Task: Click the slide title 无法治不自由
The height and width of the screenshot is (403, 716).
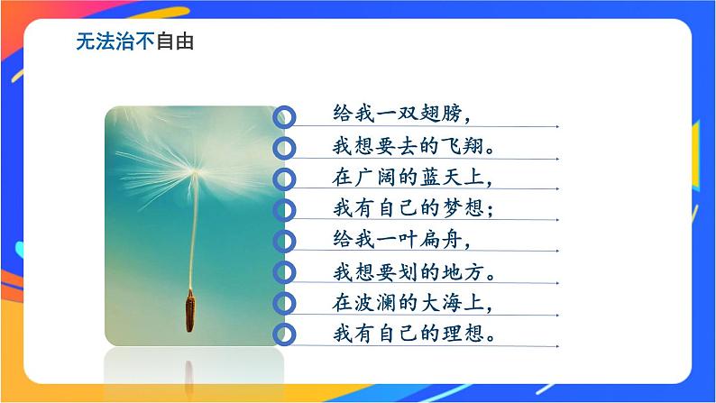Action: (x=134, y=42)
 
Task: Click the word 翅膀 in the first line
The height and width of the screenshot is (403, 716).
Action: (x=442, y=114)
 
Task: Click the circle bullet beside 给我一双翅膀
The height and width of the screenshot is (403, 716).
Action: (x=284, y=115)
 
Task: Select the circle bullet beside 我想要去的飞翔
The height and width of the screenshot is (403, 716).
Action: (x=284, y=147)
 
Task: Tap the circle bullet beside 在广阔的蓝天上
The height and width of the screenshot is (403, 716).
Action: (x=284, y=178)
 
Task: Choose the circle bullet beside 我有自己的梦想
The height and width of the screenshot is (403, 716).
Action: (x=284, y=209)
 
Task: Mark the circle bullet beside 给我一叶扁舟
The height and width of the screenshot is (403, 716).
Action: (x=284, y=241)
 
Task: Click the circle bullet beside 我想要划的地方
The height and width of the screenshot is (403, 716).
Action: (x=284, y=271)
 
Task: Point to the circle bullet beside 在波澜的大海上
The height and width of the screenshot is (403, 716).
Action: (x=284, y=303)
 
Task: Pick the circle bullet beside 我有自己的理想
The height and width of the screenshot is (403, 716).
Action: (x=284, y=334)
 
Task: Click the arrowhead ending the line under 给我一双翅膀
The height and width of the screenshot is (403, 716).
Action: (x=556, y=126)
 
